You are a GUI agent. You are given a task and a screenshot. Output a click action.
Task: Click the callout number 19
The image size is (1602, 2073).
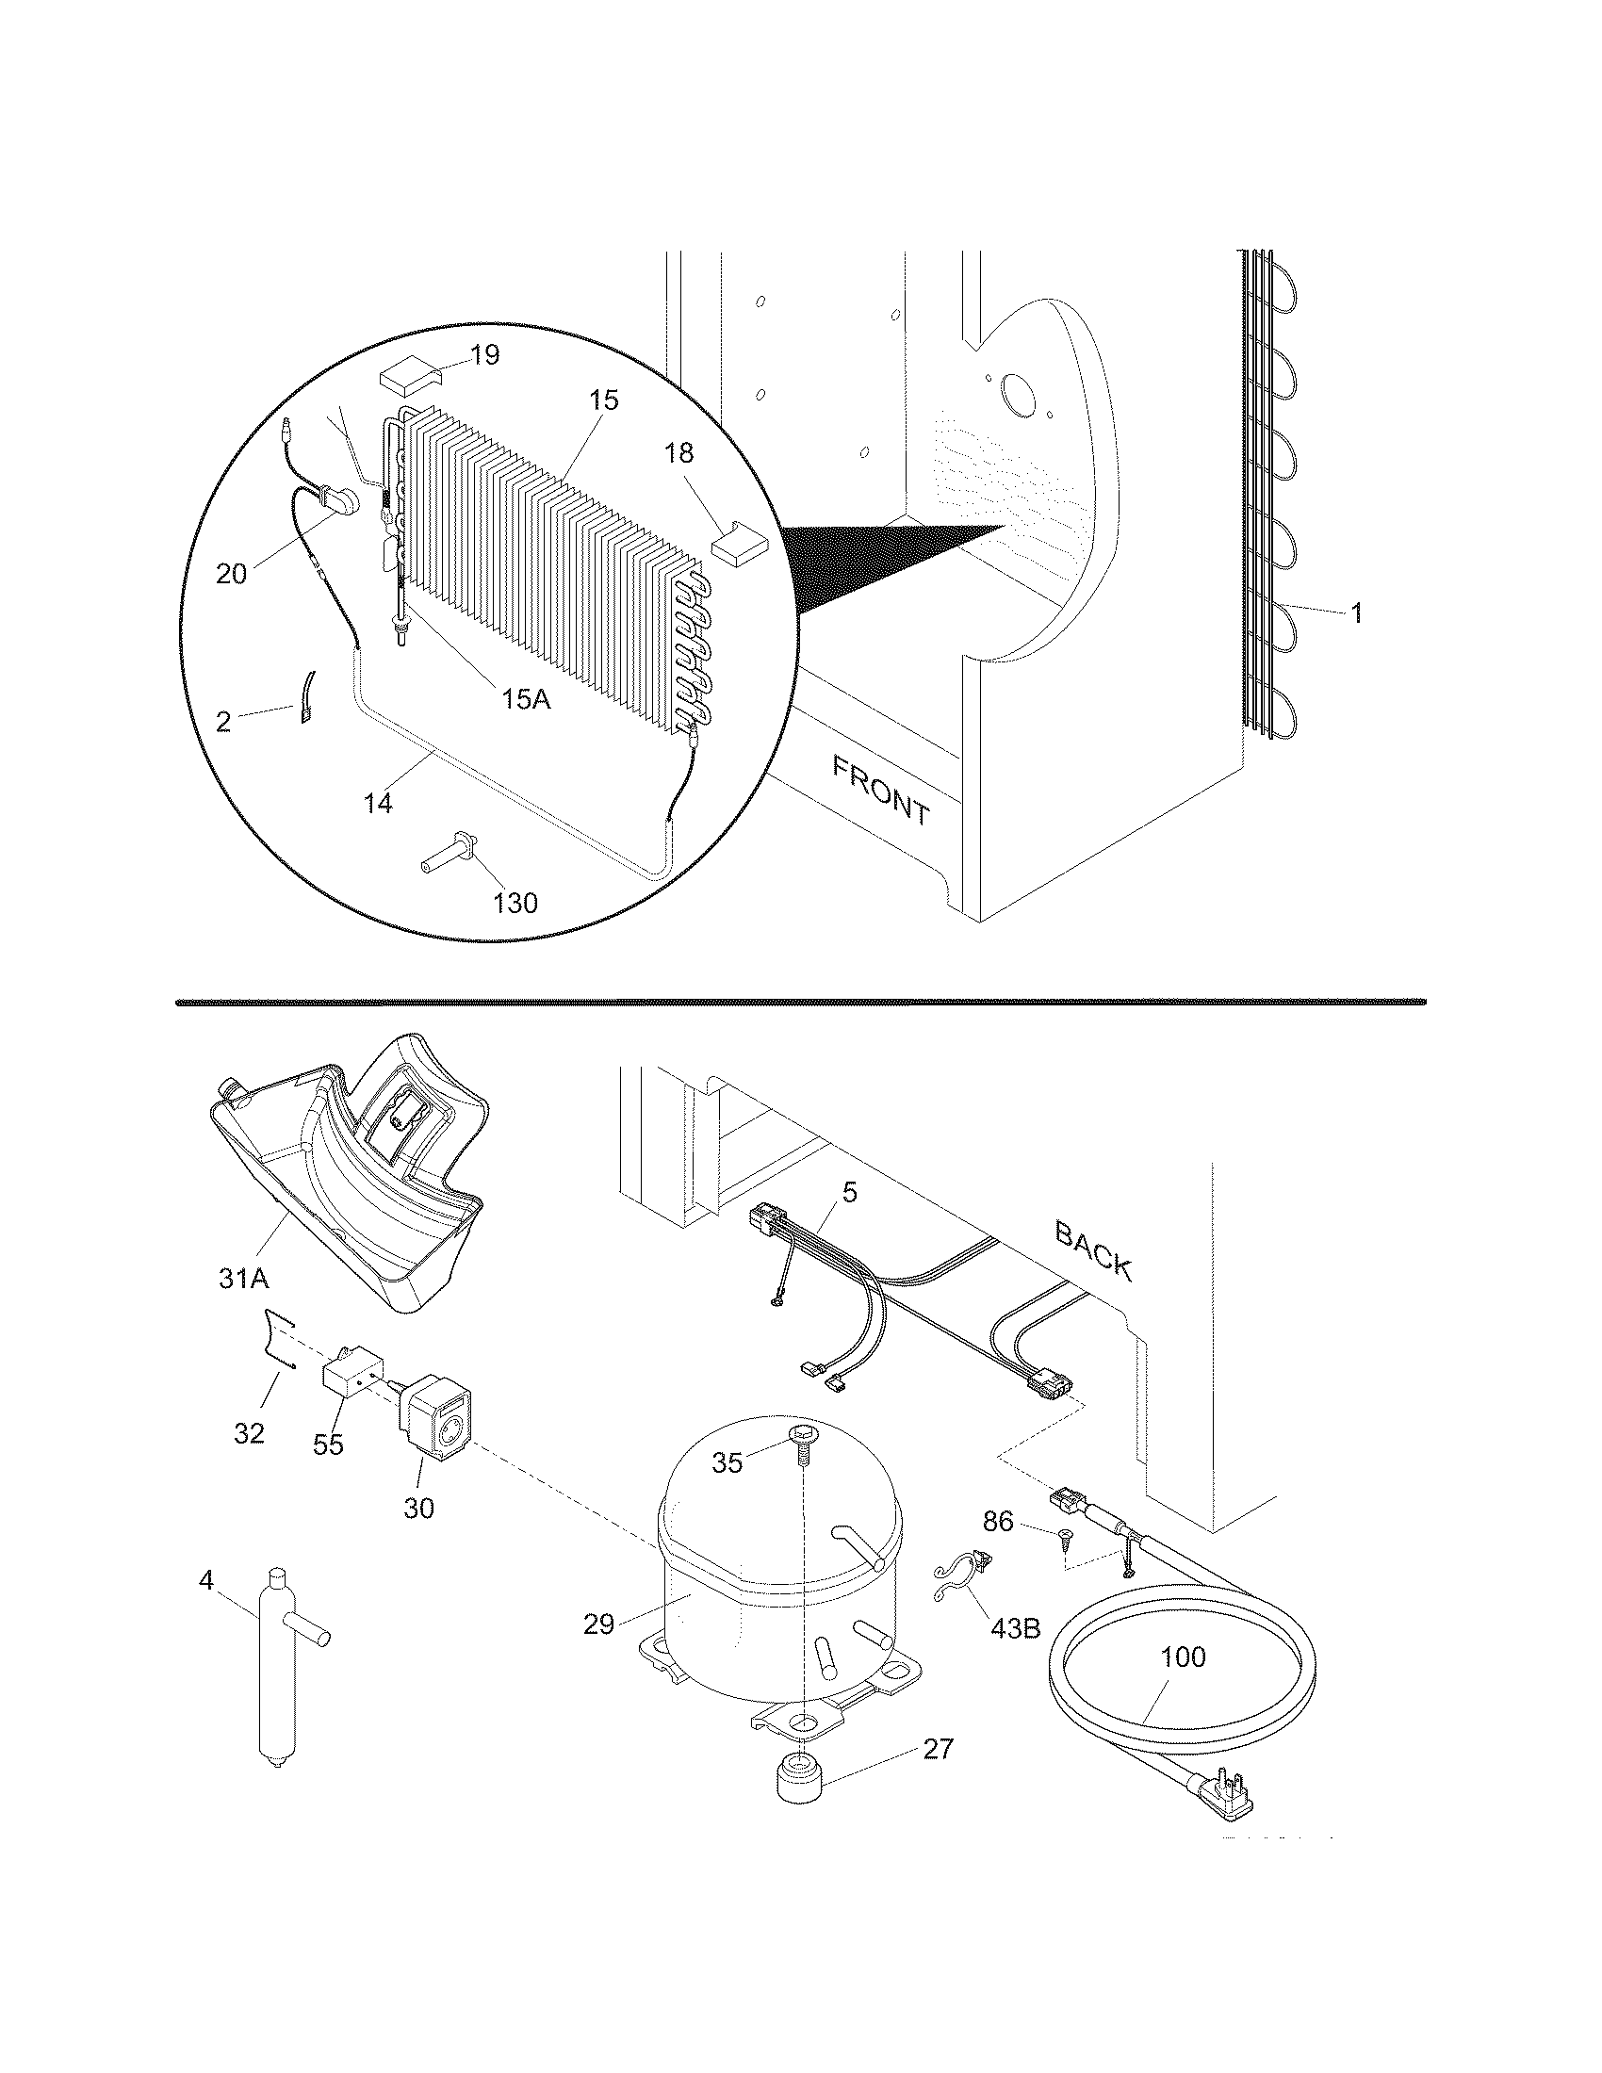(x=484, y=356)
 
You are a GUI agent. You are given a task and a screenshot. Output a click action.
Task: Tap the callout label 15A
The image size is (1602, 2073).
(x=526, y=699)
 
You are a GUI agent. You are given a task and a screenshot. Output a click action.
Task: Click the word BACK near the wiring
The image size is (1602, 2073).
(x=1093, y=1250)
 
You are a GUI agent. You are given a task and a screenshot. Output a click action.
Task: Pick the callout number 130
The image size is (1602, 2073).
(x=515, y=903)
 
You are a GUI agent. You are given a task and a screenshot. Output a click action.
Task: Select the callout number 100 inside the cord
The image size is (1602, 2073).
(x=1184, y=1657)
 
